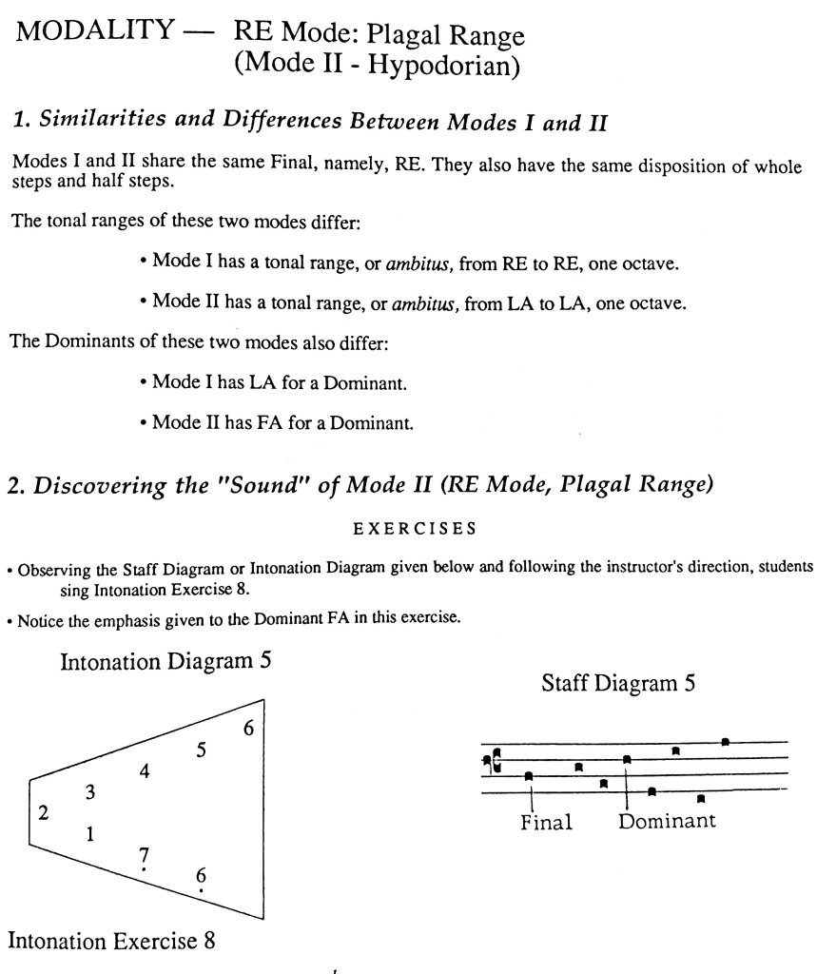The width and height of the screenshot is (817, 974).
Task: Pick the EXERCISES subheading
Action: pyautogui.click(x=414, y=526)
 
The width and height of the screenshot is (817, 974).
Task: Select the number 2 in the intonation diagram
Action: pyautogui.click(x=43, y=813)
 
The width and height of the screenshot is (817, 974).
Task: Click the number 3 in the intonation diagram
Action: pyautogui.click(x=89, y=791)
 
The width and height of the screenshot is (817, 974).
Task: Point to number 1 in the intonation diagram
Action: pyautogui.click(x=89, y=835)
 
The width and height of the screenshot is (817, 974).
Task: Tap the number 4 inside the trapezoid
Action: pyautogui.click(x=144, y=771)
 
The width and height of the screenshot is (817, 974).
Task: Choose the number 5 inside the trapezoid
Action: pyautogui.click(x=201, y=750)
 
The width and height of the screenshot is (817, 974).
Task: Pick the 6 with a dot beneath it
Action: pyautogui.click(x=201, y=876)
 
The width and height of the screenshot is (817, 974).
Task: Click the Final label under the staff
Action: pyautogui.click(x=546, y=823)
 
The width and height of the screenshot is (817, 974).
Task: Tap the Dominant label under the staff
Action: pyautogui.click(x=666, y=820)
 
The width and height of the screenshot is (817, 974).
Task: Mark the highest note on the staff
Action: pyautogui.click(x=725, y=741)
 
